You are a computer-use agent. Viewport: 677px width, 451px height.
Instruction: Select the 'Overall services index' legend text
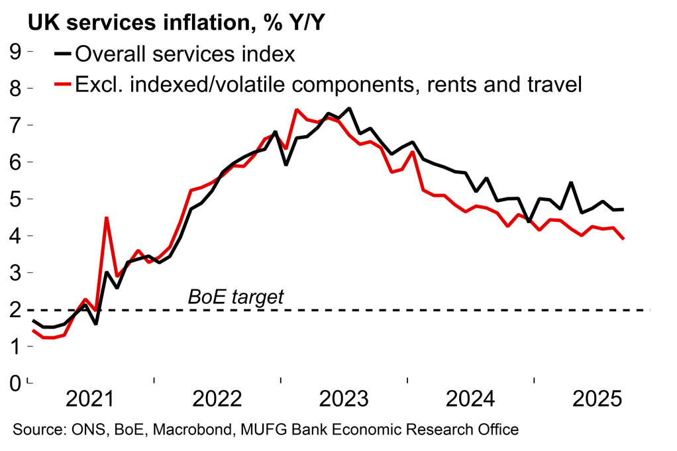point(185,53)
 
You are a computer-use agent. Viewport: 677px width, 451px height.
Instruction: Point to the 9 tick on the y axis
point(14,51)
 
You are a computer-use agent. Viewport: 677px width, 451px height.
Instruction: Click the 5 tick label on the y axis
point(14,199)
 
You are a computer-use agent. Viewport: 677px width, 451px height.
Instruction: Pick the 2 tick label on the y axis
point(14,309)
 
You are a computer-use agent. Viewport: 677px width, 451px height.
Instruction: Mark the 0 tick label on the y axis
point(14,383)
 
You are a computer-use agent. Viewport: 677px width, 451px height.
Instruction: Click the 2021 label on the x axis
point(91,400)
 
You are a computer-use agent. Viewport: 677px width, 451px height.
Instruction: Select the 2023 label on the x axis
point(344,400)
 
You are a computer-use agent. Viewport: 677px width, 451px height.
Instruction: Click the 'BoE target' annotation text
point(236,297)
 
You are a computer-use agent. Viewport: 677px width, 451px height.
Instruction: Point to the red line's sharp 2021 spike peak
point(107,217)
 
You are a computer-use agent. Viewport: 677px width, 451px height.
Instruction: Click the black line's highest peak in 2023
point(349,108)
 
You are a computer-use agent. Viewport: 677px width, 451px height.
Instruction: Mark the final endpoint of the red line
point(624,239)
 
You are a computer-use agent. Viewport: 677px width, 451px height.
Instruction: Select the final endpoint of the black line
point(624,209)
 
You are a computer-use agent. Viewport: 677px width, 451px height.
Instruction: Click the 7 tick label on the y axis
point(14,125)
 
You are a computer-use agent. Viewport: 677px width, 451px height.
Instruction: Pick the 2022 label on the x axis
point(218,400)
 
